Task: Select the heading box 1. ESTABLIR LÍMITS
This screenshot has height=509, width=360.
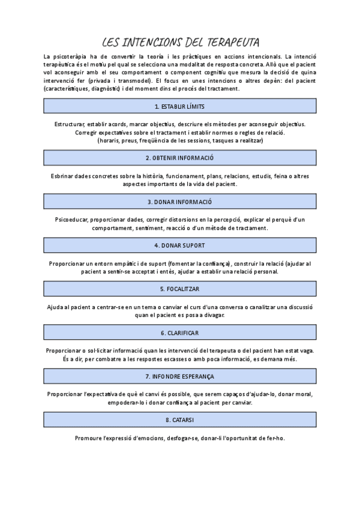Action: pyautogui.click(x=179, y=106)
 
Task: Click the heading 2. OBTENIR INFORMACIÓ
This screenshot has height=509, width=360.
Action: pyautogui.click(x=179, y=158)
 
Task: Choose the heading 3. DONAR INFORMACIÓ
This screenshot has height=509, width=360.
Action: pyautogui.click(x=179, y=202)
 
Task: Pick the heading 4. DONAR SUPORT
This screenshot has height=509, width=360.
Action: pyautogui.click(x=179, y=245)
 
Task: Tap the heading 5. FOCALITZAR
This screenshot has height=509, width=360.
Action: pyautogui.click(x=179, y=289)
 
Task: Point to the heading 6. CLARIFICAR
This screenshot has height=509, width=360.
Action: pyautogui.click(x=179, y=333)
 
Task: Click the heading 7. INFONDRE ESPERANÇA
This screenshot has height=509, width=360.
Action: pyautogui.click(x=179, y=376)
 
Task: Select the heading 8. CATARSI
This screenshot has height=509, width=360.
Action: pyautogui.click(x=179, y=420)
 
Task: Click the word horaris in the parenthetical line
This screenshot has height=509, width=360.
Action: pyautogui.click(x=110, y=140)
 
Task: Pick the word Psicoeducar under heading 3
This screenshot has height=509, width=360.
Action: pyautogui.click(x=71, y=220)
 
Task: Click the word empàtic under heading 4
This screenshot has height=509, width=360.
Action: pyautogui.click(x=134, y=264)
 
